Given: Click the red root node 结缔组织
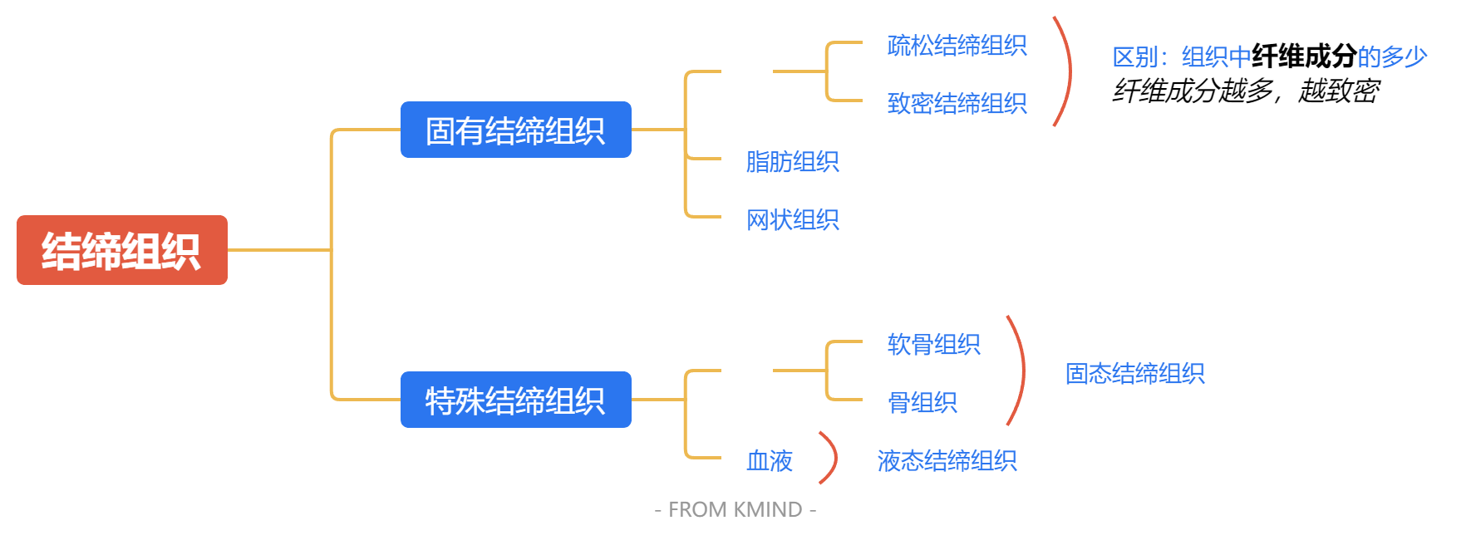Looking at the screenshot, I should tap(121, 250).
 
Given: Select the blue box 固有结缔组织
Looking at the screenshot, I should tap(515, 130).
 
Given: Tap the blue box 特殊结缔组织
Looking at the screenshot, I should tap(515, 400).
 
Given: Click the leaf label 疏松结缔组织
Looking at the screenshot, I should tap(957, 45).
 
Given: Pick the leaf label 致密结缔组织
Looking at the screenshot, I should tap(957, 103).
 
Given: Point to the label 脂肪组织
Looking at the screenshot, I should tap(792, 161).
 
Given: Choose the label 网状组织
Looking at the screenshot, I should tap(792, 219).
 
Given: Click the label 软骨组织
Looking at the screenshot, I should tap(933, 344).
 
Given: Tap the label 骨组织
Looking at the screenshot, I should tap(922, 402).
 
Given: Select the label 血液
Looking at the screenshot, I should tap(769, 460).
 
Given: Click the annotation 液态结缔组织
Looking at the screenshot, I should tap(947, 460).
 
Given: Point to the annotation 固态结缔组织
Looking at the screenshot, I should tap(1134, 373).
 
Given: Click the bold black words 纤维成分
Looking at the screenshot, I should tap(1304, 56).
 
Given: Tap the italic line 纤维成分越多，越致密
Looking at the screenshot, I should tap(1245, 91).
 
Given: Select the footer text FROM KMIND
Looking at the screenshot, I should tap(735, 509).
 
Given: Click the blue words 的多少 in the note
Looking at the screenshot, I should tap(1392, 56).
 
